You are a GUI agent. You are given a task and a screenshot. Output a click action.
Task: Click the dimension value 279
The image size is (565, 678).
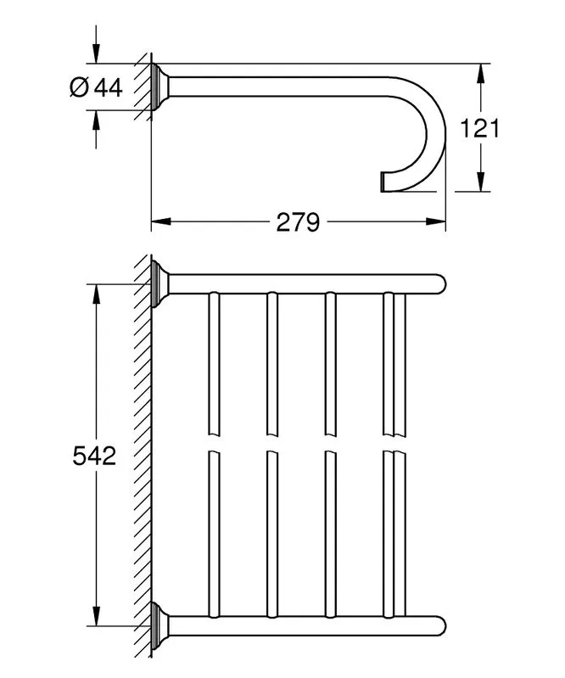(x=298, y=222)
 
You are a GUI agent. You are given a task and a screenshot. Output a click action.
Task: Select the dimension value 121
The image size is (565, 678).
(x=479, y=128)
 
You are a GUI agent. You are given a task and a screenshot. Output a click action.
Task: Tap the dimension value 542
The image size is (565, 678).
(x=94, y=456)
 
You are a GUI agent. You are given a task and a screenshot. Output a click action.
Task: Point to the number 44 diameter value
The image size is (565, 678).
(x=109, y=87)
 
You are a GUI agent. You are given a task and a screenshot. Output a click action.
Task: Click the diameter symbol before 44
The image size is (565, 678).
(x=79, y=87)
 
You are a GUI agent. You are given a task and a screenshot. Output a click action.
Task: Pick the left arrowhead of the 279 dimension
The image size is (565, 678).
(x=161, y=221)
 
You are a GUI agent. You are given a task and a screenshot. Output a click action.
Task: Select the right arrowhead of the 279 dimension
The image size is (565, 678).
(x=436, y=221)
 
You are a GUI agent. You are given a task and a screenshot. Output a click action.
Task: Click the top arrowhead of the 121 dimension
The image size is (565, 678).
(x=480, y=73)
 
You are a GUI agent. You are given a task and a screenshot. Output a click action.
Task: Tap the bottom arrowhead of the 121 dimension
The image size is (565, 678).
(x=480, y=182)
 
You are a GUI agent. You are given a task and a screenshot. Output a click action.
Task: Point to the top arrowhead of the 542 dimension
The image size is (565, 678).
(x=96, y=294)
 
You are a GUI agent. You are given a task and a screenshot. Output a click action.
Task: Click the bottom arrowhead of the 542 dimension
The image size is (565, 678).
(x=96, y=616)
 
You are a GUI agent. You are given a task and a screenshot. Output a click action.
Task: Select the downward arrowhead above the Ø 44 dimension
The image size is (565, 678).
(x=96, y=54)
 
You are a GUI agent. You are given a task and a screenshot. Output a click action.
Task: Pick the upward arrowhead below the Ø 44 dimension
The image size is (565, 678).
(x=96, y=120)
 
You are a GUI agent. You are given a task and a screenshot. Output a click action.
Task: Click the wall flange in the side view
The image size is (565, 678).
(x=159, y=87)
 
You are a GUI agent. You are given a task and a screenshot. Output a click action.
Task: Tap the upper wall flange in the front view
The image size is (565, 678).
(x=159, y=283)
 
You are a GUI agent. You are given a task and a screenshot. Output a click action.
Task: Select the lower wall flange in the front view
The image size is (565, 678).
(x=159, y=625)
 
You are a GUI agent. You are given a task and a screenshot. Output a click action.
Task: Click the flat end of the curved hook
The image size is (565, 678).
(x=382, y=182)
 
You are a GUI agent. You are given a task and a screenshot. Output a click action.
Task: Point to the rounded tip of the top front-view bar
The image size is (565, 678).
(x=440, y=284)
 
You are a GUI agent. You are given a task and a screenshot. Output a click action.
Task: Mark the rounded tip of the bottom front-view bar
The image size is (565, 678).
(x=440, y=625)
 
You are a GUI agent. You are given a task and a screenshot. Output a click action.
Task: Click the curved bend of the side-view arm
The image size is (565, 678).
(x=436, y=130)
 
